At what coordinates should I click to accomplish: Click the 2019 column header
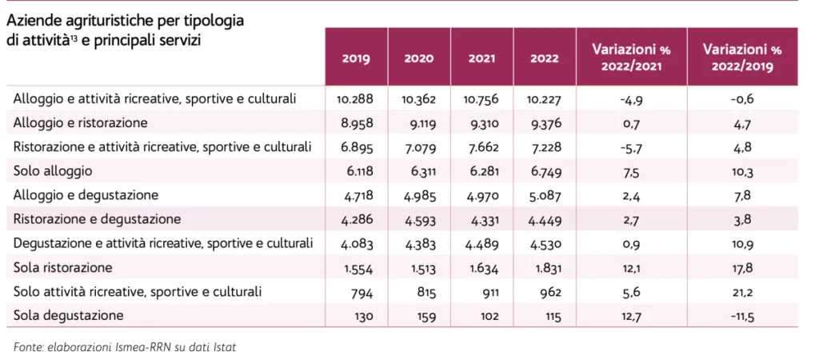click(x=356, y=58)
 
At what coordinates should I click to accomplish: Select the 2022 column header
click(x=544, y=58)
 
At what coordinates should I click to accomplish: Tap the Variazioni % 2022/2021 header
click(x=631, y=58)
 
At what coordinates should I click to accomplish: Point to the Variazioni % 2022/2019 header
click(x=742, y=58)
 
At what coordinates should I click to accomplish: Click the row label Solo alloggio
click(x=54, y=171)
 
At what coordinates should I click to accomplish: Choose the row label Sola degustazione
click(x=69, y=315)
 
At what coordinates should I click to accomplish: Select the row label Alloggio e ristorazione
click(x=82, y=123)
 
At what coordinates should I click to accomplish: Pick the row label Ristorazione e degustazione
click(x=98, y=219)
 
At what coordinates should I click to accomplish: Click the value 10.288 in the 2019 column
click(x=356, y=99)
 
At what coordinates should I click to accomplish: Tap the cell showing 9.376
click(x=544, y=123)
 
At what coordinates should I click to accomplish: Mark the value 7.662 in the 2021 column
click(x=481, y=147)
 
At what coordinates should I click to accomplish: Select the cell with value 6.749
click(x=544, y=171)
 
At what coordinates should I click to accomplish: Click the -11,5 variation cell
click(x=742, y=315)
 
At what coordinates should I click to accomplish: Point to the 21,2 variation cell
click(x=742, y=291)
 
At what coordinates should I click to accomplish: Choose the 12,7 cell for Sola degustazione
click(x=631, y=315)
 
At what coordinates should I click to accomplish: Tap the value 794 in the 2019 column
click(x=360, y=291)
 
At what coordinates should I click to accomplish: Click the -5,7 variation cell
click(x=631, y=147)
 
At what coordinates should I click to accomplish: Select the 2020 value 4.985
click(x=419, y=195)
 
